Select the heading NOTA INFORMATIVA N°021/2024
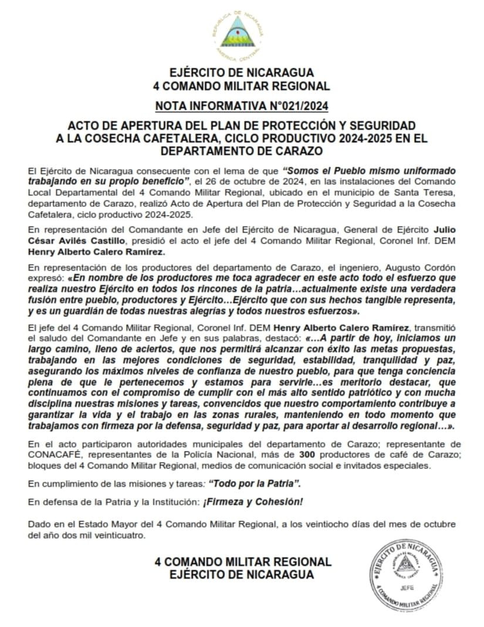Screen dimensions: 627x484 (x=242, y=106)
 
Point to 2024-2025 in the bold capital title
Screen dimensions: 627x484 (x=354, y=139)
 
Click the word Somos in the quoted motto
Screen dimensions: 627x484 (x=301, y=170)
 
